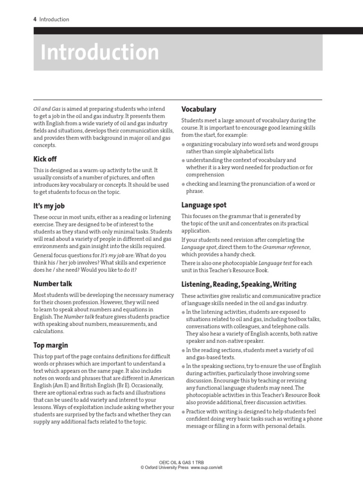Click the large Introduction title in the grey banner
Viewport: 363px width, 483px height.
[100, 53]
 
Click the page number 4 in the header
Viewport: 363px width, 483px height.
[35, 19]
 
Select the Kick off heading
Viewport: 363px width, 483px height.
[45, 159]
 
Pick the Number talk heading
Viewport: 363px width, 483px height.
[52, 283]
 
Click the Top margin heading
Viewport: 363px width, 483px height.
[51, 345]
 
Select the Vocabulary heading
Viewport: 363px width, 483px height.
[199, 109]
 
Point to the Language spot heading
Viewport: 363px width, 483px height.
[204, 205]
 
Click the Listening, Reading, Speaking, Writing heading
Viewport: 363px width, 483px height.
[239, 284]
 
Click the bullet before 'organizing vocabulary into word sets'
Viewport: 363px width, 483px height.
[183, 145]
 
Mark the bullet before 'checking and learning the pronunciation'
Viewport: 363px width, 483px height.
[183, 184]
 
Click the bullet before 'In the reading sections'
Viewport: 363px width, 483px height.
[183, 350]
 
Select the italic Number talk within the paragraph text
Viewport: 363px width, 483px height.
[77, 317]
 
